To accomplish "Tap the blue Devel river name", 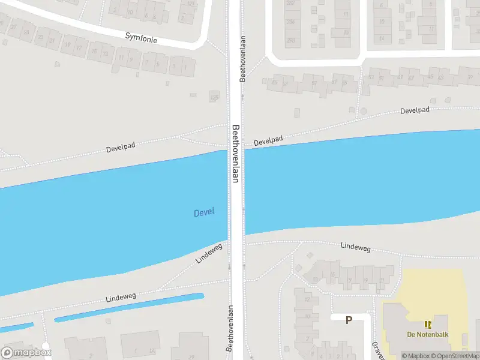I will click(x=204, y=212).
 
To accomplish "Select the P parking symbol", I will click(x=349, y=320).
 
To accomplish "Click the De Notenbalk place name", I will click(x=428, y=335).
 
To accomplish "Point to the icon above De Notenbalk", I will click(x=428, y=325).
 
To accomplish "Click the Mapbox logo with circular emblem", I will click(x=26, y=352).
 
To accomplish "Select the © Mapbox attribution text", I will click(x=418, y=356).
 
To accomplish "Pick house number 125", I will click(x=214, y=97).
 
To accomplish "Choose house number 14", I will click(x=382, y=38).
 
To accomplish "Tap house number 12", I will click(x=307, y=299).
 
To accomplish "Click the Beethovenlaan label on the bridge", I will click(x=236, y=154).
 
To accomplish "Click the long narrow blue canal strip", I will click(x=129, y=307).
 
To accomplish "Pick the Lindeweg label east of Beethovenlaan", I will click(x=356, y=246).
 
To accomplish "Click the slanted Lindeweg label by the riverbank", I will click(x=209, y=253).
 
